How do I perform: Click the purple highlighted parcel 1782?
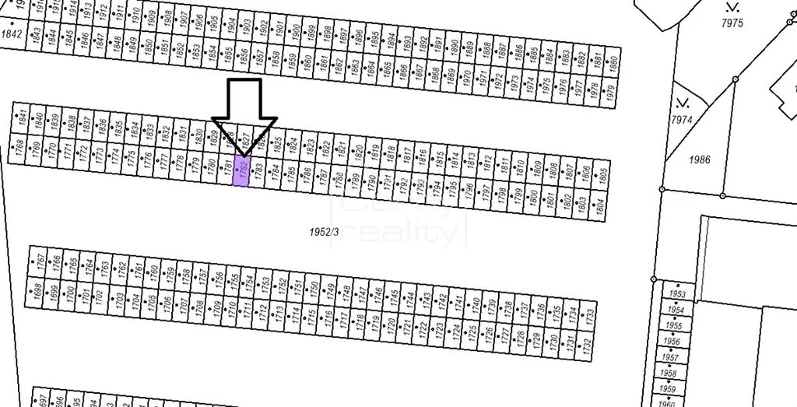click(241, 170)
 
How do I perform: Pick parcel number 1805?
click(603, 174)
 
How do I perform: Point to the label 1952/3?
click(325, 231)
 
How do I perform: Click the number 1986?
click(700, 160)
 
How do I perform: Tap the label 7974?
click(681, 120)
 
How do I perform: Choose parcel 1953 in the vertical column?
click(677, 295)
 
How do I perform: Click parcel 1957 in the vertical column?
click(669, 357)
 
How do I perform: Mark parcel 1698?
click(36, 291)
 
